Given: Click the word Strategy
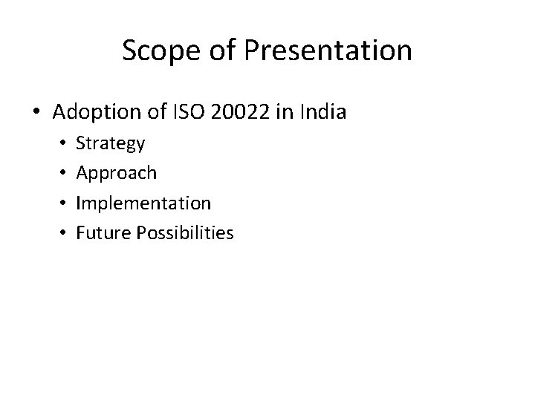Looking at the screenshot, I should (111, 143).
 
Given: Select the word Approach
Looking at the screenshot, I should (117, 173).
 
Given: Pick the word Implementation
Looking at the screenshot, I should (144, 203).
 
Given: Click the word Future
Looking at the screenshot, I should (102, 233).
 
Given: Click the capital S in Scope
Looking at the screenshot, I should (129, 50).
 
